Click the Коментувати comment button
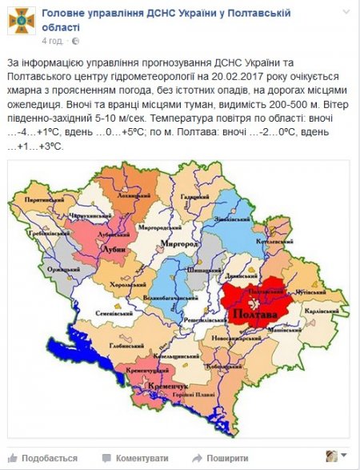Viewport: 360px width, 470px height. pyautogui.click(x=140, y=457)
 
